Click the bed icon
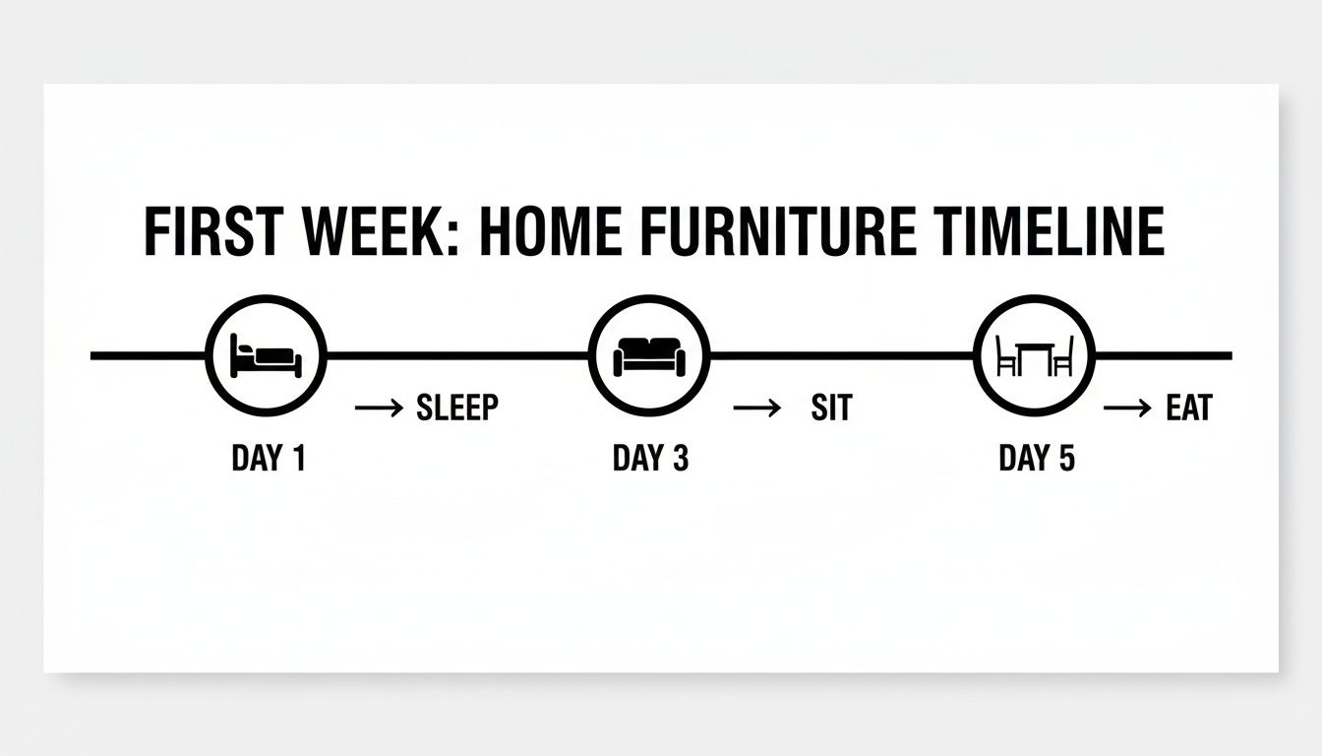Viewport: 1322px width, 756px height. coord(266,355)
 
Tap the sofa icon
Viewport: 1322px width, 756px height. coord(648,355)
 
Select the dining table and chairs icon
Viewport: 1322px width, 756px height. coord(1034,355)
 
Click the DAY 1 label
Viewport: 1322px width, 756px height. coord(269,458)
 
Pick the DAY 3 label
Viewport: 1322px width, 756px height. coord(650,458)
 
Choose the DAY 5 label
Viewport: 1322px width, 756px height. coord(1037,458)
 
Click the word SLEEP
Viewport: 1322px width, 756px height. coord(457,408)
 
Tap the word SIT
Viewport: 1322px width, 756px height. coord(831,408)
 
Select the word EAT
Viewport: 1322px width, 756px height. coord(1188,408)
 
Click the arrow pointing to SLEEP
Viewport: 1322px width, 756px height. coord(379,408)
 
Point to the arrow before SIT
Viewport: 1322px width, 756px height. coord(757,408)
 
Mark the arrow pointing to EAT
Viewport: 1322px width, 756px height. coord(1127,408)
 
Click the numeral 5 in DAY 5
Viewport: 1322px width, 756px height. coord(1066,458)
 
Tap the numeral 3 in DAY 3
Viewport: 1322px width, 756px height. coord(680,458)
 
